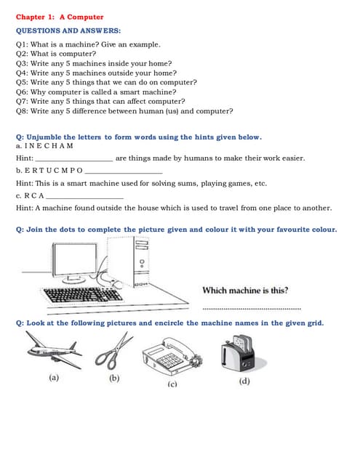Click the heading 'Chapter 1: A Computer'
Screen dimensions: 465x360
click(x=60, y=17)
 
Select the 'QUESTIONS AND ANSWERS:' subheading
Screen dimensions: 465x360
click(x=68, y=31)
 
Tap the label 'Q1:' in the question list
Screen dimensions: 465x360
click(x=23, y=45)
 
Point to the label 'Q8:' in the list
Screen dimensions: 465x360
click(x=23, y=111)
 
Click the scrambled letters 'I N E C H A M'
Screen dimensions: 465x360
click(x=49, y=147)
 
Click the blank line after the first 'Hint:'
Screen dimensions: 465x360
click(x=74, y=158)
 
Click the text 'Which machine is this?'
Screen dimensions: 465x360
click(x=244, y=291)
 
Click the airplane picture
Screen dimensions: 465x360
click(x=53, y=350)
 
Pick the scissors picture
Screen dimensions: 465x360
click(x=114, y=352)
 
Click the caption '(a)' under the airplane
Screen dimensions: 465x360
click(x=53, y=378)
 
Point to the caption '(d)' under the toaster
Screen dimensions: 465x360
click(x=244, y=381)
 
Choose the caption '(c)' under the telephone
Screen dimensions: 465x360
click(x=172, y=383)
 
